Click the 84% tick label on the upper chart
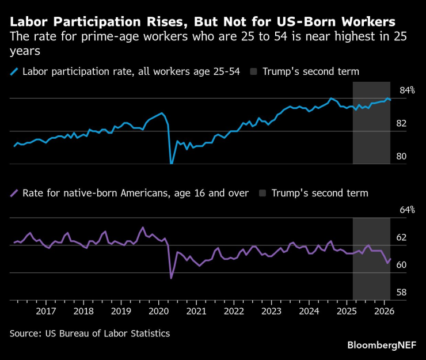click(x=407, y=90)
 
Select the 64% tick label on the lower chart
click(x=407, y=210)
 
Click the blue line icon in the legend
click(x=14, y=72)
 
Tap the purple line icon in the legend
click(x=14, y=193)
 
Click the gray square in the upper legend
click(x=254, y=72)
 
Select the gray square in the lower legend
click(x=263, y=193)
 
